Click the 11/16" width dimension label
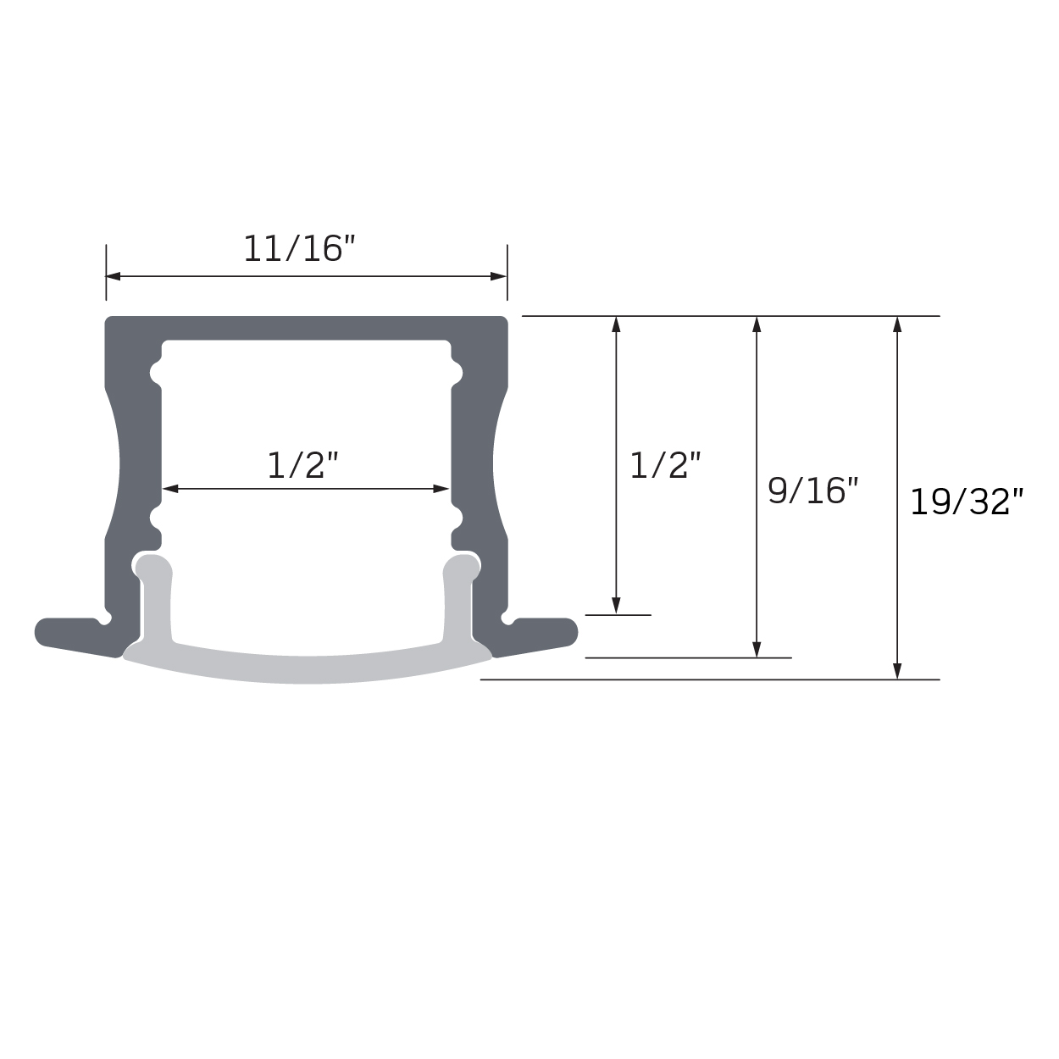pyautogui.click(x=300, y=248)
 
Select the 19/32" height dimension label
pyautogui.click(x=967, y=502)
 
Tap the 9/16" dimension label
pyautogui.click(x=812, y=491)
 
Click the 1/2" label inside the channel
pyautogui.click(x=302, y=465)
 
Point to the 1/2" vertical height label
pyautogui.click(x=666, y=465)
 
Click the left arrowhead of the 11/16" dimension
pyautogui.click(x=113, y=276)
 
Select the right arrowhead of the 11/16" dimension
pyautogui.click(x=498, y=276)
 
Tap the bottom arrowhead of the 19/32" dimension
pyautogui.click(x=897, y=672)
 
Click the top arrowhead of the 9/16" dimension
pyautogui.click(x=757, y=324)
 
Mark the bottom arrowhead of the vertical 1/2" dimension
pyautogui.click(x=616, y=606)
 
